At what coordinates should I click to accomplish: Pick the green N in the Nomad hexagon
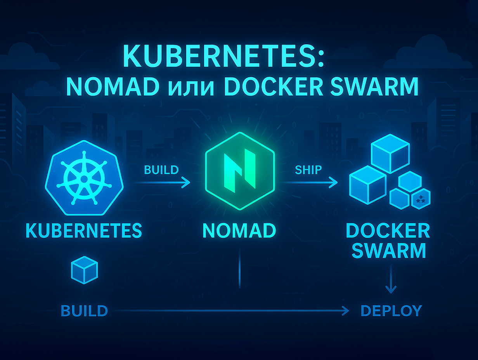[x=239, y=171]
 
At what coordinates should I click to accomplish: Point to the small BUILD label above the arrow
[x=161, y=170]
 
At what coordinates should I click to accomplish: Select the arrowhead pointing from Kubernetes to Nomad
[x=186, y=182]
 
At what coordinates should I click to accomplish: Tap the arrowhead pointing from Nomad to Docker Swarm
[x=333, y=182]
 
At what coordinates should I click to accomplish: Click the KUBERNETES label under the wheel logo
[x=83, y=230]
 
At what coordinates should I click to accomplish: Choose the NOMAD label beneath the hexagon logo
[x=239, y=230]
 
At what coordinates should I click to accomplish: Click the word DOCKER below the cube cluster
[x=388, y=230]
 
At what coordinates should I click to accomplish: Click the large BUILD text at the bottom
[x=84, y=311]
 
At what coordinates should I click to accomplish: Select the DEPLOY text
[x=391, y=311]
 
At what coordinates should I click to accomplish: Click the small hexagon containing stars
[x=421, y=199]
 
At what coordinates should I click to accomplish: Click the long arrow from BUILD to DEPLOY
[x=233, y=310]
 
